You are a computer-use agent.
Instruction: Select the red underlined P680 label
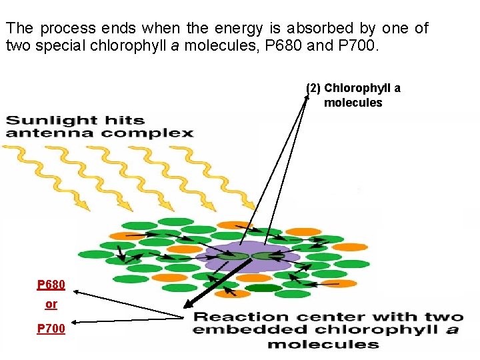[x=51, y=285]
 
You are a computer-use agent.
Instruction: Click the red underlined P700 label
[x=51, y=328]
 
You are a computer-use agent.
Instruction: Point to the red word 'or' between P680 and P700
[x=51, y=305]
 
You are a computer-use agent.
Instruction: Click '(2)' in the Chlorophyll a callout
[x=313, y=88]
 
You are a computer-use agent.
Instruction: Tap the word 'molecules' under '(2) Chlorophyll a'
[x=353, y=103]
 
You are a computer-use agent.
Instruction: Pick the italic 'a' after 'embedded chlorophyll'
[x=452, y=330]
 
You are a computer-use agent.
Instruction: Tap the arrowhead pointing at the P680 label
[x=75, y=291]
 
